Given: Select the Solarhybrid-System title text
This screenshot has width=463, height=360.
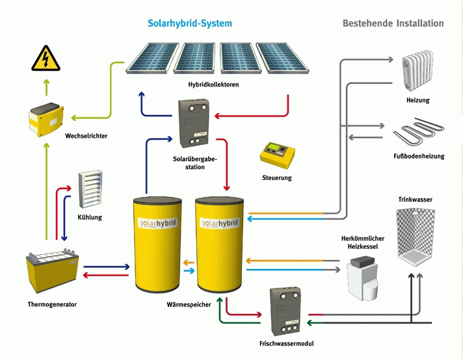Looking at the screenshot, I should pyautogui.click(x=189, y=23).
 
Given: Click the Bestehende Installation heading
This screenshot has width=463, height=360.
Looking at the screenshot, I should pyautogui.click(x=393, y=23).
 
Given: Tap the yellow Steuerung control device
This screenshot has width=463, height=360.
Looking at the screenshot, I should pyautogui.click(x=277, y=153).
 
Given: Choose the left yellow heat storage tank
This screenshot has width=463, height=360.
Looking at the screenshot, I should pyautogui.click(x=156, y=244).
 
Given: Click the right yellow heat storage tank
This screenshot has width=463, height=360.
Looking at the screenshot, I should pyautogui.click(x=219, y=244).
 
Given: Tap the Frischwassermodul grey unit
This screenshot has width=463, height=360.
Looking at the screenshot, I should pyautogui.click(x=284, y=309).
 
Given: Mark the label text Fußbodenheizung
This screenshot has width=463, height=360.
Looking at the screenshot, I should pyautogui.click(x=419, y=156).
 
